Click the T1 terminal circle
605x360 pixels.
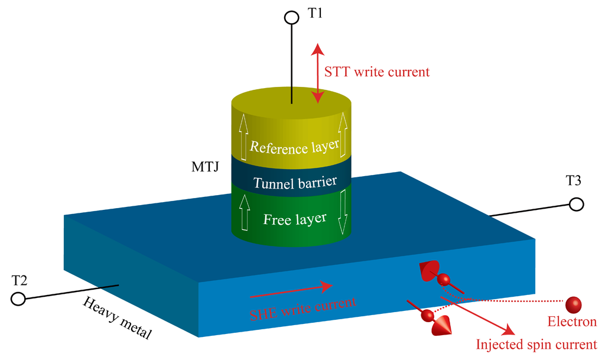(291, 18)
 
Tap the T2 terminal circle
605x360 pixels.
(18, 299)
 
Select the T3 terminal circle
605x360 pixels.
(576, 204)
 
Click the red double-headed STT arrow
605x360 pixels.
(318, 73)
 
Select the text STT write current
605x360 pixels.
(377, 72)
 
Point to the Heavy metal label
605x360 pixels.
(117, 319)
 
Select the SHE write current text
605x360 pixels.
(303, 306)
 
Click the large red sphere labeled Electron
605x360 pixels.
(573, 304)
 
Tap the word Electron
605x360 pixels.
(571, 323)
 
